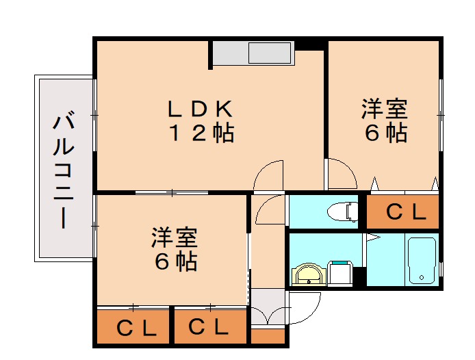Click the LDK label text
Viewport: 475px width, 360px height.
coord(201,109)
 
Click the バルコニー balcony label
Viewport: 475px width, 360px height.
coord(64,170)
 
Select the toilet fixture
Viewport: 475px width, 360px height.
coord(343,211)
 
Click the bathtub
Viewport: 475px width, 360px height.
coord(422,261)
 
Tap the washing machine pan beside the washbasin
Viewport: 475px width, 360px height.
coord(340,274)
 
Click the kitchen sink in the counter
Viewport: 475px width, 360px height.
coord(270,53)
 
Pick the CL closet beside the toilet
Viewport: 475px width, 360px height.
coord(402,211)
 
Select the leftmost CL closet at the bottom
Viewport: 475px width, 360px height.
coord(133,326)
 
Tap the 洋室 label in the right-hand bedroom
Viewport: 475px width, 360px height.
coord(385,109)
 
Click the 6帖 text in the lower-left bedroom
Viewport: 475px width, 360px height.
coord(175,261)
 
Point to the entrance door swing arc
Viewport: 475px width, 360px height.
coord(312,312)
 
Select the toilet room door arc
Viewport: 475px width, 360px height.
coord(263,204)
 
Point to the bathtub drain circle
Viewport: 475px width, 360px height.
coord(422,277)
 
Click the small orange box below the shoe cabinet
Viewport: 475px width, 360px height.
coord(268,336)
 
